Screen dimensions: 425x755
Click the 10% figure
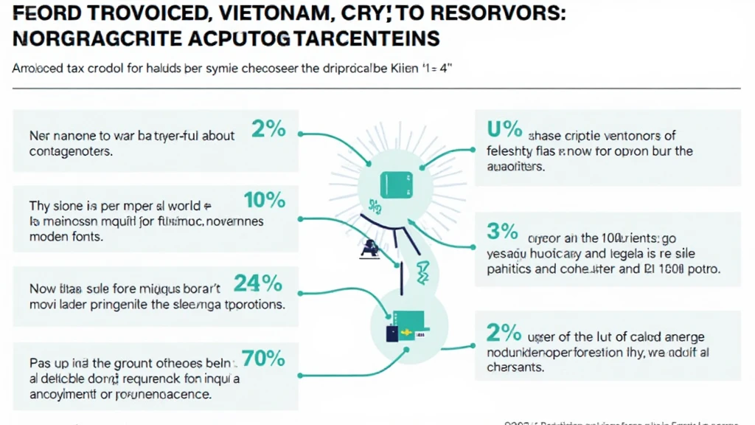click(x=264, y=199)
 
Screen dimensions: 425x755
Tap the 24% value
click(x=258, y=283)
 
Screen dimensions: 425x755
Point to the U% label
click(x=504, y=131)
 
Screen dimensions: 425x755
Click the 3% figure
click(x=503, y=232)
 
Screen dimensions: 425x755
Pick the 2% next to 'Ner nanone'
click(x=268, y=129)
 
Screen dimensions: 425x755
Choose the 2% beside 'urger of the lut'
click(x=503, y=333)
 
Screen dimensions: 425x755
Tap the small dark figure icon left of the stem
click(x=366, y=251)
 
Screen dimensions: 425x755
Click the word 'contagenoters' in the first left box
click(x=71, y=151)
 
